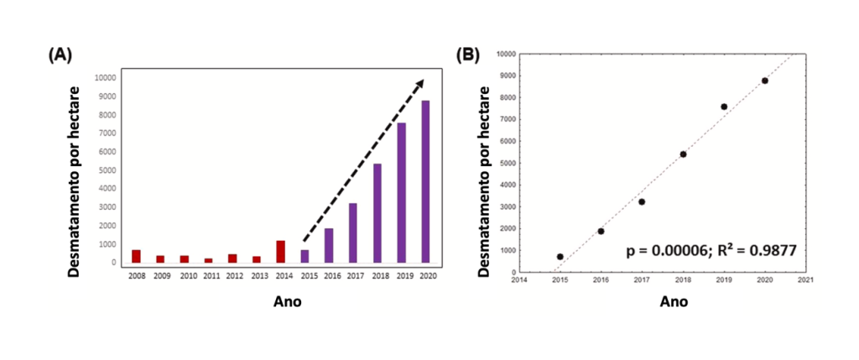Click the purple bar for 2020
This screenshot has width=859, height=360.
426,181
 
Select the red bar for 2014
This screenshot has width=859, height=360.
281,252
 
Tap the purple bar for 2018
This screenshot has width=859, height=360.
377,213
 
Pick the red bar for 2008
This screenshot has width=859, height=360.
136,256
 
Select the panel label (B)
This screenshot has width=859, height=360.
467,55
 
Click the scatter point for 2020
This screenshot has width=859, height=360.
765,81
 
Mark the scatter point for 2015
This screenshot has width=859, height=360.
560,257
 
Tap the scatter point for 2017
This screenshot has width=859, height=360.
642,201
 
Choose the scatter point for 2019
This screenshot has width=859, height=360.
724,107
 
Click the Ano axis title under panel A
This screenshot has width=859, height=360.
285,301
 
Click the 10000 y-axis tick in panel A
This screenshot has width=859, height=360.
105,78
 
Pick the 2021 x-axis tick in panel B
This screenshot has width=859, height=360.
806,280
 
